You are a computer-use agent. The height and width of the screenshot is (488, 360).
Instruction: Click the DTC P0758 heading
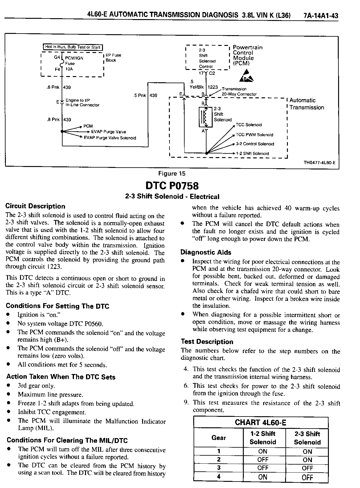172,186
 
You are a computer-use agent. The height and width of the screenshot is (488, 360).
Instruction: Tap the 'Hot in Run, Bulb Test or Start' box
72,47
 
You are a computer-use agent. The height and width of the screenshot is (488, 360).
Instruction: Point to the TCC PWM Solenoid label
255,135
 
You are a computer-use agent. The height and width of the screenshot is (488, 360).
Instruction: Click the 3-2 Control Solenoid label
255,144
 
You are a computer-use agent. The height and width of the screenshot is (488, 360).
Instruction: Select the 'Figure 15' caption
172,173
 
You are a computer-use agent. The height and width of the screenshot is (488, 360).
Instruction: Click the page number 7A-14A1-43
321,15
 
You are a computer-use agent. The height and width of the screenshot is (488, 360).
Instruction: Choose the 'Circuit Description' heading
35,206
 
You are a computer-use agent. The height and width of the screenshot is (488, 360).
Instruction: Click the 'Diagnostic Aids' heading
206,252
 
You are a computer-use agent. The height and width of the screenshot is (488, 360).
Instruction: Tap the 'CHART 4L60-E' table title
260,422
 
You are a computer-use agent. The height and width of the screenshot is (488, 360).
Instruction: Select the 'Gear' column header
219,438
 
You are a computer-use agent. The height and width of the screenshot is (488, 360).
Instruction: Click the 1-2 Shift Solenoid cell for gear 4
263,477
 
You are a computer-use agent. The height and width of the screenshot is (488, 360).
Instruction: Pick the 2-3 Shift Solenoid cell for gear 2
307,460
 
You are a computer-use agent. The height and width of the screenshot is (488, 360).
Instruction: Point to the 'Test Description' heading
207,342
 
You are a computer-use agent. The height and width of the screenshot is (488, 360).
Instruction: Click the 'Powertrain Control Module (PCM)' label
247,55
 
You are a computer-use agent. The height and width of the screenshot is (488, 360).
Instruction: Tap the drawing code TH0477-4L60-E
319,163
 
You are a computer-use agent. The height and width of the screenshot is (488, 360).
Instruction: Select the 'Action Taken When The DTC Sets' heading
61,377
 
